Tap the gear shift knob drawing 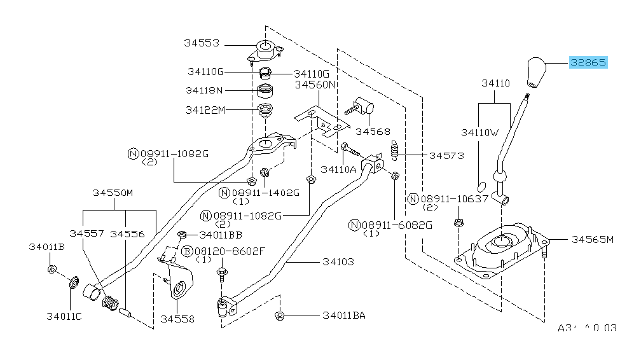tap(536, 73)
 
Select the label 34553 tap(202, 43)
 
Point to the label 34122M tap(205, 109)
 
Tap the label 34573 tap(446, 155)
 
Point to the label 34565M tap(591, 239)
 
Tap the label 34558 tap(177, 319)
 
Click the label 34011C tap(64, 315)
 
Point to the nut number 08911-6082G tap(397, 225)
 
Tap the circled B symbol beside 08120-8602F tap(187, 251)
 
